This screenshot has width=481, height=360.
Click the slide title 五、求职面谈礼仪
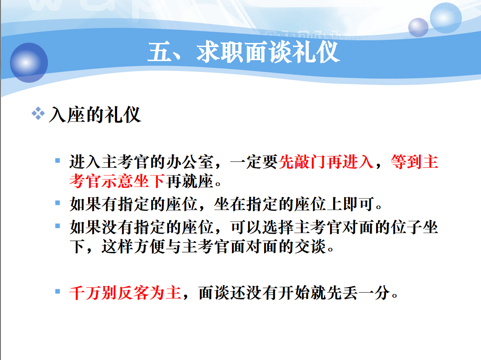(244, 52)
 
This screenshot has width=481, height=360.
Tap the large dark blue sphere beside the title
(29, 62)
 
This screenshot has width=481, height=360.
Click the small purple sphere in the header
(418, 27)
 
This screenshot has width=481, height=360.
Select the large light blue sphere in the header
(446, 18)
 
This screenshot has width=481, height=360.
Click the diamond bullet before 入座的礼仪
(38, 113)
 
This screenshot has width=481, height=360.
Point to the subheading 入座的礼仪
(95, 115)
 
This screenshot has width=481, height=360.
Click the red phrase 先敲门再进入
(326, 162)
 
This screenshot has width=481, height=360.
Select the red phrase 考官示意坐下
(117, 181)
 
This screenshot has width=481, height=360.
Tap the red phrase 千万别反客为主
(125, 293)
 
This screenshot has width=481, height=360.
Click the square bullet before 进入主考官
(57, 161)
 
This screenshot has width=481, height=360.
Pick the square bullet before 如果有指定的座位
(57, 203)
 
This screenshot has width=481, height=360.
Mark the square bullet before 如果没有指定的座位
(57, 226)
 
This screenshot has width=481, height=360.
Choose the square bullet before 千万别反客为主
(57, 291)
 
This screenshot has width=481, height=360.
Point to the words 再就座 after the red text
(189, 181)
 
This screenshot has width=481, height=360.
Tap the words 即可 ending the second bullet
(358, 204)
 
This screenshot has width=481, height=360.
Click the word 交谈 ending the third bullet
(310, 246)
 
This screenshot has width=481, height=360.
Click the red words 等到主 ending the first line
(415, 162)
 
